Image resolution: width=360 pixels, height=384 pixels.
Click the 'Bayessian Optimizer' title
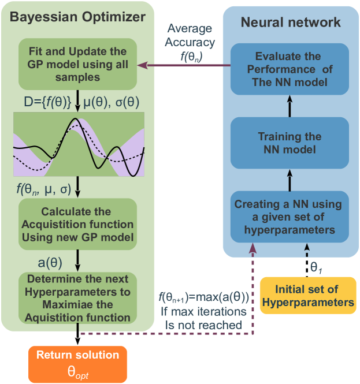(x=77, y=17)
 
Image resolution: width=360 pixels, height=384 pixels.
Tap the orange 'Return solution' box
(x=77, y=361)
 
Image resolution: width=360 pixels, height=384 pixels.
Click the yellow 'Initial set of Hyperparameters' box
(x=307, y=296)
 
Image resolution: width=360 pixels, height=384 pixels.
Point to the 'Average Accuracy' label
(x=190, y=35)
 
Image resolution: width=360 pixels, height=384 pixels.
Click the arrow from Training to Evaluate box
(x=290, y=106)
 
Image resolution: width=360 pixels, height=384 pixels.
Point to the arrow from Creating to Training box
(x=290, y=181)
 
